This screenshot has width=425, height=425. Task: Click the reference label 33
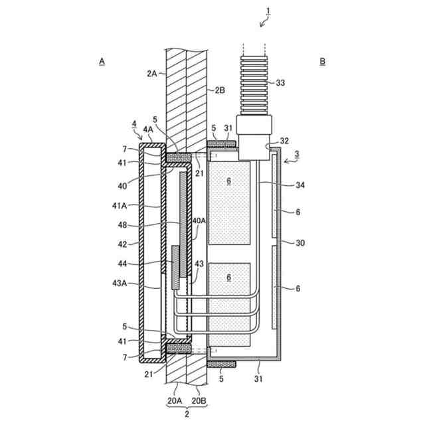(280, 82)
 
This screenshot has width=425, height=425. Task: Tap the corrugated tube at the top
(254, 86)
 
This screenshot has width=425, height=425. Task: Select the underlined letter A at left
(102, 62)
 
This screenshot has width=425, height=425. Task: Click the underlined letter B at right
(323, 62)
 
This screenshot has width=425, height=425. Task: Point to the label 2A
(152, 74)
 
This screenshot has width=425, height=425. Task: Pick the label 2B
(220, 90)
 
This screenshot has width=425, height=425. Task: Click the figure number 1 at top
(268, 11)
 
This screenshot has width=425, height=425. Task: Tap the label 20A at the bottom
(175, 400)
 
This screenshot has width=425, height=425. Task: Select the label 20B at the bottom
(199, 400)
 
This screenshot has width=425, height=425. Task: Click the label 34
(300, 185)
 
